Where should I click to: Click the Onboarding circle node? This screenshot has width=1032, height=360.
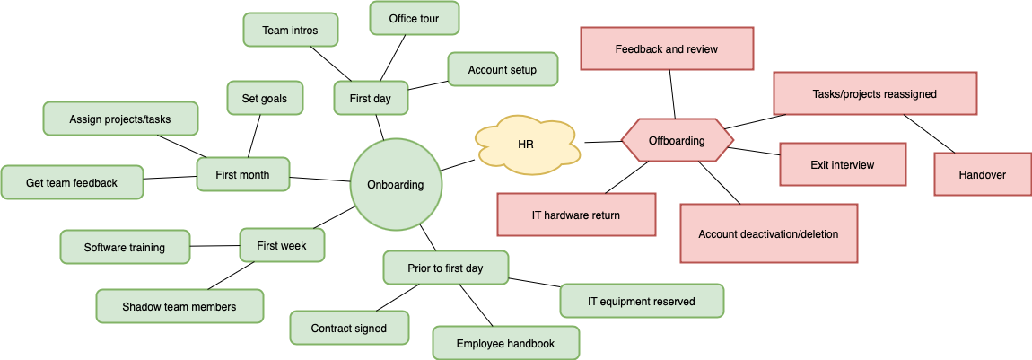[x=395, y=184]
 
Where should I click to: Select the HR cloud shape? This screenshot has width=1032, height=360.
[x=526, y=144]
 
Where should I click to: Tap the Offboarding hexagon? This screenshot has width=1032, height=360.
[x=677, y=141]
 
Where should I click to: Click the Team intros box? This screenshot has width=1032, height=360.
[x=290, y=30]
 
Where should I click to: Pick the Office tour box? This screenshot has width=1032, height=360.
[x=414, y=18]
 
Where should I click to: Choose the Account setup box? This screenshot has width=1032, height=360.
[x=502, y=69]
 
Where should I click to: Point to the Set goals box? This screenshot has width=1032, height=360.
[x=265, y=98]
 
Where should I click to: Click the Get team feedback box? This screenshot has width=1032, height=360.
[x=72, y=182]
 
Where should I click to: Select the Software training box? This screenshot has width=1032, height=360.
[x=125, y=247]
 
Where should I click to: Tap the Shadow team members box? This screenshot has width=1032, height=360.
[x=179, y=306]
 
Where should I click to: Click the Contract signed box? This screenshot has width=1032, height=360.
[x=349, y=328]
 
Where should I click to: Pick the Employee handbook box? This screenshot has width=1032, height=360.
[x=505, y=343]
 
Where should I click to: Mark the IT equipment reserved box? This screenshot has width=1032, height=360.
[x=641, y=301]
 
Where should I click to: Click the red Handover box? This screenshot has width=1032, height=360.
[x=982, y=174]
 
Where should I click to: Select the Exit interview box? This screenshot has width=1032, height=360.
[x=842, y=164]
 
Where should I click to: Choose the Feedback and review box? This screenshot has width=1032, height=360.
[x=666, y=48]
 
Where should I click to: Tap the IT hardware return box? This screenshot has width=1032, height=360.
[x=576, y=215]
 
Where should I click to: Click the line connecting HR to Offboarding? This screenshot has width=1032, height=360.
[x=602, y=141]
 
